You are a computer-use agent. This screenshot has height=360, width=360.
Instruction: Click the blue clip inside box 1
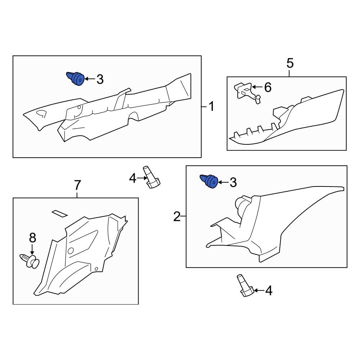pos(76,78)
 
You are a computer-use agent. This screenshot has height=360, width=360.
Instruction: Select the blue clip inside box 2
pos(209,181)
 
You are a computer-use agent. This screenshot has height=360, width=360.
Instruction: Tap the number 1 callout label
pos(211,107)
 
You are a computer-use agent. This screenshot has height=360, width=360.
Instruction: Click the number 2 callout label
pos(177,216)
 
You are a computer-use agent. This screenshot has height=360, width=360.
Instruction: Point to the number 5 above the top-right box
pos(290,63)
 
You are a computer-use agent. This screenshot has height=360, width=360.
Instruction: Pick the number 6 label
pos(268,87)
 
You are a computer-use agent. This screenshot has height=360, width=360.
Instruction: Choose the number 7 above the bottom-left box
pos(77,185)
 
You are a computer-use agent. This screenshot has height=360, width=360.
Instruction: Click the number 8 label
pos(33,238)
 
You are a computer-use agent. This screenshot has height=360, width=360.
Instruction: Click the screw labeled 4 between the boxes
pos(151,177)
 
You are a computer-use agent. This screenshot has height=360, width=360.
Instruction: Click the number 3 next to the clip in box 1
pos(100,79)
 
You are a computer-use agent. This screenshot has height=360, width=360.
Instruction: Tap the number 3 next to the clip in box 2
pos(233,183)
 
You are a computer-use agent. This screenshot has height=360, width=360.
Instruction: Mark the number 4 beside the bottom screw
pos(269,291)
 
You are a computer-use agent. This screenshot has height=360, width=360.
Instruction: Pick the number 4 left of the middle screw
pos(133,178)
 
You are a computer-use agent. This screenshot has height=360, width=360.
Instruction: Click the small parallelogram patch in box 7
pos(60,213)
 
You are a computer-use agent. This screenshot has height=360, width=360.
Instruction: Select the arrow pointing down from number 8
pos(32,249)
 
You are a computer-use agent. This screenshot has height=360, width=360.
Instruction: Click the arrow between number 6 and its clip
pos(257,87)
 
